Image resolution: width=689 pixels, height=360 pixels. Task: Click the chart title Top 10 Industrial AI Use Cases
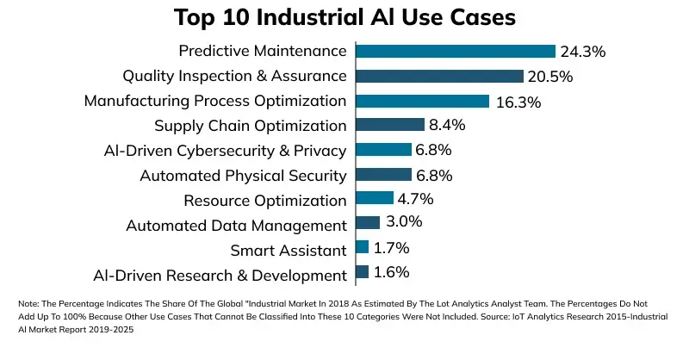click(x=344, y=17)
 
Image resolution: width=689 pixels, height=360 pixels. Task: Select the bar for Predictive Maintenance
click(x=455, y=52)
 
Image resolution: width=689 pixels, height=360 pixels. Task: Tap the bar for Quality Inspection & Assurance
click(x=439, y=77)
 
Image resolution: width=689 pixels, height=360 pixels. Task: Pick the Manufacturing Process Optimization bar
click(x=422, y=101)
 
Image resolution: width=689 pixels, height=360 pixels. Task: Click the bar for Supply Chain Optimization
click(x=389, y=126)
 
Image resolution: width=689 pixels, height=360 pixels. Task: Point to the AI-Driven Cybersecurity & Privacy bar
click(x=383, y=151)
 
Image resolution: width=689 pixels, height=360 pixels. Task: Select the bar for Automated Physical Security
click(x=383, y=176)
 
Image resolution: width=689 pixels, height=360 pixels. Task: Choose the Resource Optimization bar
click(x=374, y=200)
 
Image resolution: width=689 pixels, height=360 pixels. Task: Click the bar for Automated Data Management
click(x=367, y=223)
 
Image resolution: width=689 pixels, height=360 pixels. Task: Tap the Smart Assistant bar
click(x=362, y=248)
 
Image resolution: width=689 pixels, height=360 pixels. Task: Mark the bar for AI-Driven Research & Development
click(x=362, y=273)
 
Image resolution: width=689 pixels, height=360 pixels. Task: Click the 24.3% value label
click(x=583, y=52)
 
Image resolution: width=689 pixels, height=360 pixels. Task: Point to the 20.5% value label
click(x=550, y=77)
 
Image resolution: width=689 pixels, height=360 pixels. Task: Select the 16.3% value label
click(x=518, y=102)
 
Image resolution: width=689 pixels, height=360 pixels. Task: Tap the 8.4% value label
click(x=447, y=126)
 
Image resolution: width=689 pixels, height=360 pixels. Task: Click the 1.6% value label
click(x=391, y=273)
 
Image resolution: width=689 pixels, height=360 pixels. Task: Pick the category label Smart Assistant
click(x=289, y=251)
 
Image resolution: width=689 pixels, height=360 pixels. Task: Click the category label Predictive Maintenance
click(x=262, y=52)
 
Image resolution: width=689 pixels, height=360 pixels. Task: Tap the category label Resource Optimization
click(x=265, y=201)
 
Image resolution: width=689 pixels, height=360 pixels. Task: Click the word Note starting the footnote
click(x=28, y=304)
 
